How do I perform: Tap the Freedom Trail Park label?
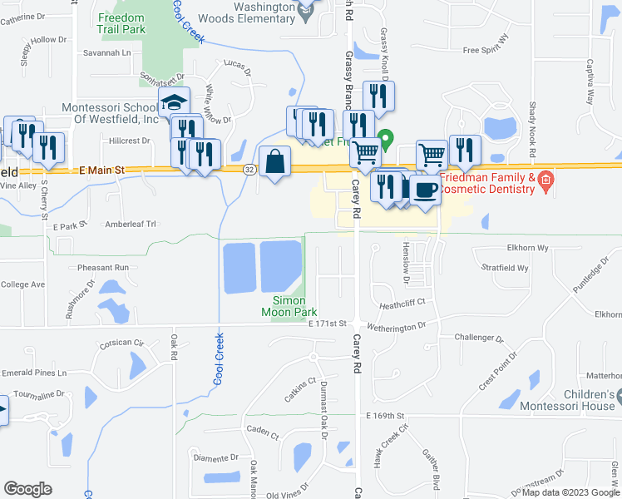click(x=132, y=24)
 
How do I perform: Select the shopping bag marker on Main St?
click(x=274, y=161)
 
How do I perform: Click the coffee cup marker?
click(x=425, y=189)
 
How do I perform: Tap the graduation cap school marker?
click(x=175, y=104)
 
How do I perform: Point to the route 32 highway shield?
click(x=249, y=169)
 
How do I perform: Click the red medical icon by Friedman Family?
click(x=545, y=179)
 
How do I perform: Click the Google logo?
click(x=28, y=488)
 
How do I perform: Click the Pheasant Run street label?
click(x=103, y=268)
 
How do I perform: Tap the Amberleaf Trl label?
click(x=131, y=224)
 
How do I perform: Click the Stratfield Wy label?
click(x=506, y=269)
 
